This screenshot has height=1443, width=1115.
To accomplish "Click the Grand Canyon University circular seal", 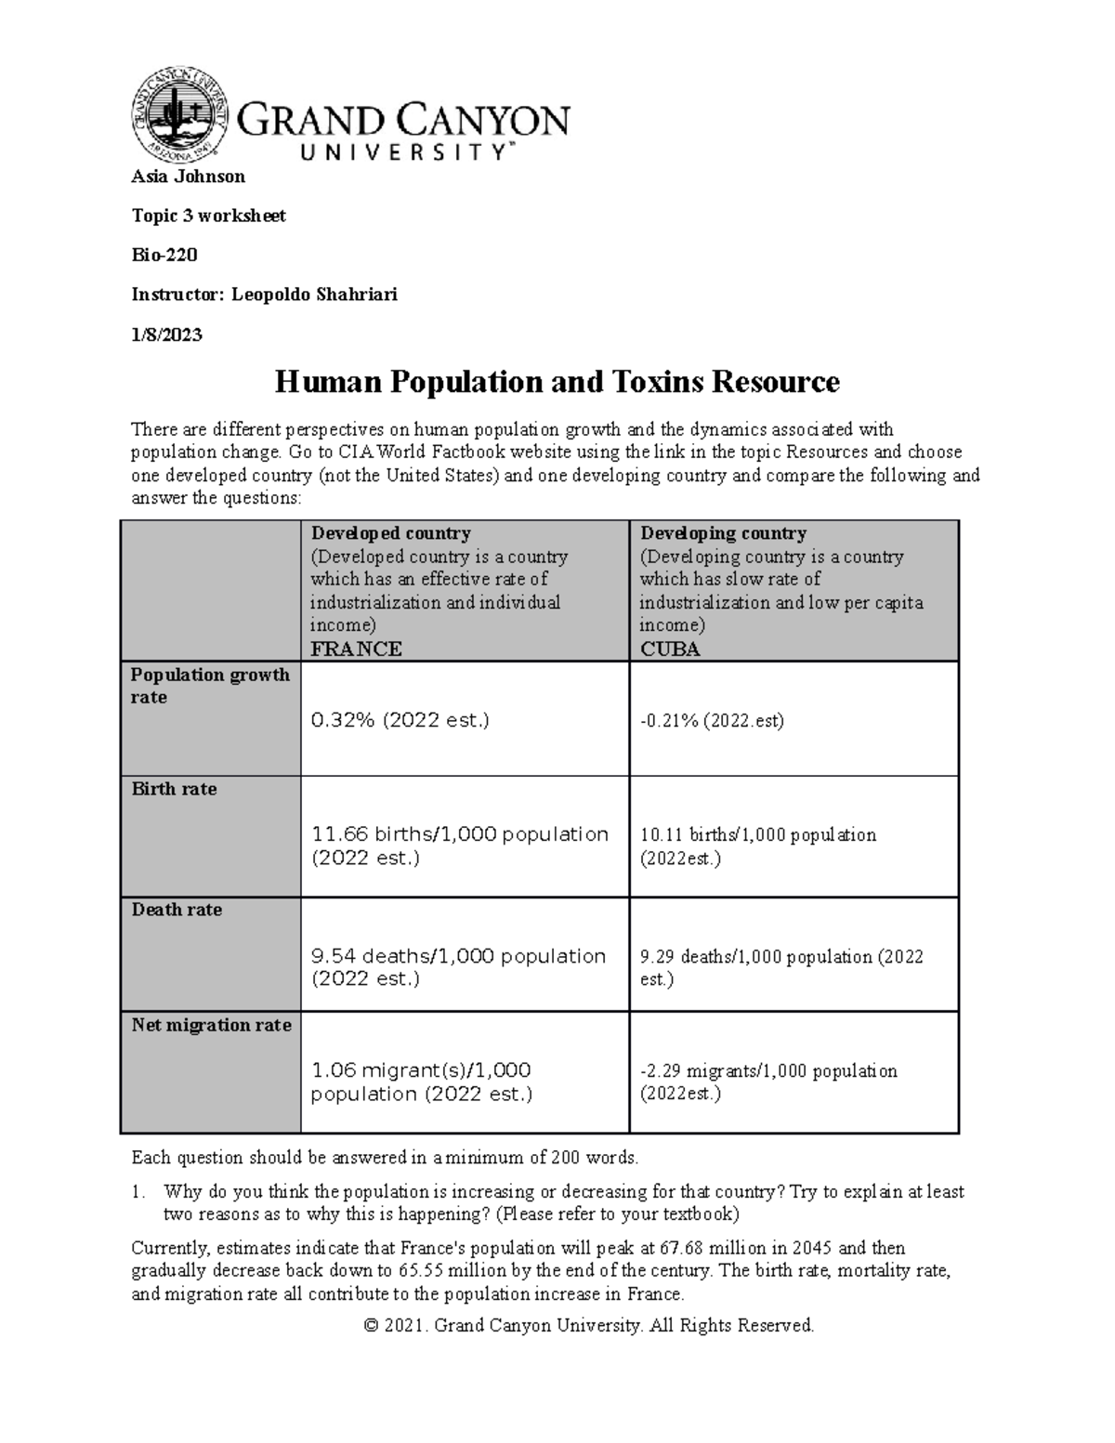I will [180, 112].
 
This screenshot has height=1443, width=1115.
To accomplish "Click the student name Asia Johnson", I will [188, 177].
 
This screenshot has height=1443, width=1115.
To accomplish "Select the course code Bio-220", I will [164, 255].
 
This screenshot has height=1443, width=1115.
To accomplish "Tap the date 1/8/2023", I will [166, 335].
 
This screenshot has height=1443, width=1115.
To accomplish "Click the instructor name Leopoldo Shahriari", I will [314, 295].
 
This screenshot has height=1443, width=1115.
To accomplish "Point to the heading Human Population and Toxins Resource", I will [557, 382].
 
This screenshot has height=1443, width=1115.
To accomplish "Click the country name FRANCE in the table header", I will [356, 649].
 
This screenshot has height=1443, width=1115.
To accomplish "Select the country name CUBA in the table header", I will [670, 649].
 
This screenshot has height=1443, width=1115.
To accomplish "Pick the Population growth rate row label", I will [210, 686].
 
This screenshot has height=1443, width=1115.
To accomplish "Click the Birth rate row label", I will [174, 789].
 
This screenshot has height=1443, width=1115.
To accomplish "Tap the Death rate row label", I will [177, 910].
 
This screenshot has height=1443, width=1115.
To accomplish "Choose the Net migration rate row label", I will [211, 1025].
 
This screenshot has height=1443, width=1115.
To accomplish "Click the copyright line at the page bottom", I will [590, 1325].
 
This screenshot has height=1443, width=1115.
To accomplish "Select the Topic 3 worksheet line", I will [208, 216].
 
